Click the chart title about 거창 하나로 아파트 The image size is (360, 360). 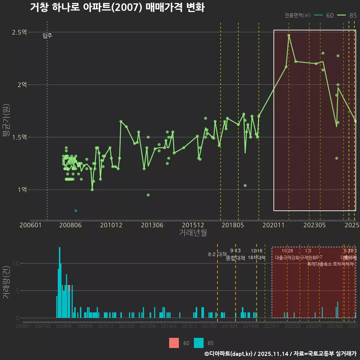click(117, 7)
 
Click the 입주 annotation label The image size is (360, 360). click(47, 36)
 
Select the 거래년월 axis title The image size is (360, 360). click(193, 232)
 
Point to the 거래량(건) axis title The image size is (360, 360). click(6, 283)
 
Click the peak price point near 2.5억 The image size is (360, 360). click(289, 35)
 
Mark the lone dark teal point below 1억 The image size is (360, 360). click(76, 211)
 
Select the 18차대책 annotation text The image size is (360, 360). click(256, 258)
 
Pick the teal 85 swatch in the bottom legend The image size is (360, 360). click(199, 343)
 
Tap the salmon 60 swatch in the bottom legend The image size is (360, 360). click(174, 343)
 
